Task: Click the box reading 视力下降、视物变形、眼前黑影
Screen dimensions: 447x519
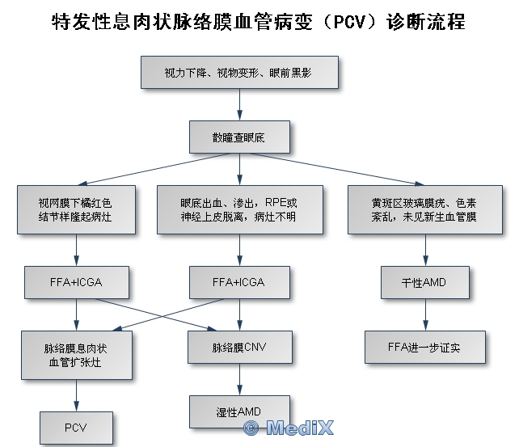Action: [x=238, y=73]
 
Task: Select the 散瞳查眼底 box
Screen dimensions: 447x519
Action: [x=238, y=137]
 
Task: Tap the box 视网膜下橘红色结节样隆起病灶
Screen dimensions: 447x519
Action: [x=77, y=210]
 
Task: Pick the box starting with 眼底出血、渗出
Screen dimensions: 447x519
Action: [x=238, y=210]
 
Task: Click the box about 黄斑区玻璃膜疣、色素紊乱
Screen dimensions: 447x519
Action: [x=424, y=210]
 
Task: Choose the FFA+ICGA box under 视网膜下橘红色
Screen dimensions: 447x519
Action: [x=77, y=282]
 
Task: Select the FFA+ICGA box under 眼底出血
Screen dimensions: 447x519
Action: [x=238, y=282]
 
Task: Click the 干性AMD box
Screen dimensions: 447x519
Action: [x=424, y=282]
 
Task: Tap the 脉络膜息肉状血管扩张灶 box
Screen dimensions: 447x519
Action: [x=77, y=355]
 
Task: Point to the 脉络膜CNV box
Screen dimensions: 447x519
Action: [x=238, y=347]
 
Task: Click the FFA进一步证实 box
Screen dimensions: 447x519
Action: [x=424, y=347]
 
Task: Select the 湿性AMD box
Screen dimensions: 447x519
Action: [x=238, y=411]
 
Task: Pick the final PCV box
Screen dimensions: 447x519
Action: [x=77, y=428]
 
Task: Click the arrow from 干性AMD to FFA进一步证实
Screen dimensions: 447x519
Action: [x=424, y=314]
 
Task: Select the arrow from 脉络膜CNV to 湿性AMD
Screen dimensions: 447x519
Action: [x=238, y=379]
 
